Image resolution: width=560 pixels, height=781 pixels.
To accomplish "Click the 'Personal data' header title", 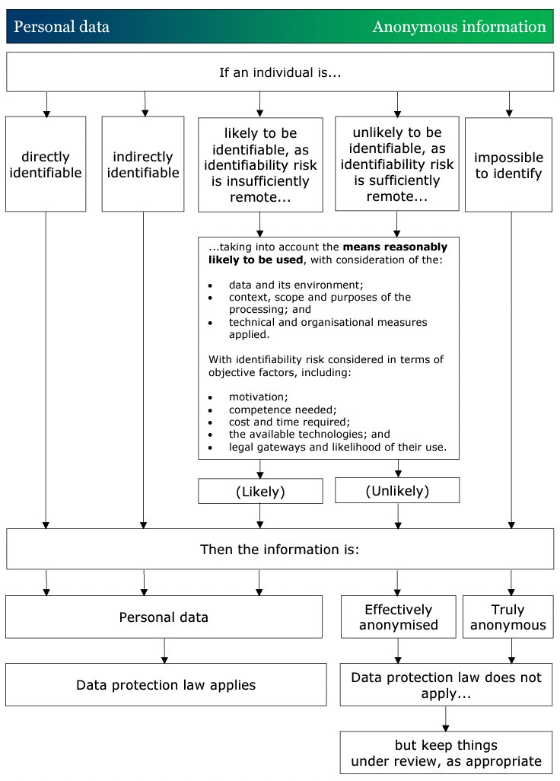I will pos(62,27).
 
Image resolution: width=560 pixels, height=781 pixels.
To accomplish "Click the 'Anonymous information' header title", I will pos(459,27).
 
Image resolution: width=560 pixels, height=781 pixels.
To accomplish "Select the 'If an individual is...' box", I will pos(280,72).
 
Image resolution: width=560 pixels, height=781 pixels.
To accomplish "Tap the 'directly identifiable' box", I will pos(46,164).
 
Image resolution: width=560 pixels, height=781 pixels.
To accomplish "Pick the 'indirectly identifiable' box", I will pos(143,164).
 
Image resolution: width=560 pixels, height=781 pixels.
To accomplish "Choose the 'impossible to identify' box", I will pos(508,165).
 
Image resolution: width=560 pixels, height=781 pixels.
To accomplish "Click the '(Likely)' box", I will pos(260,492).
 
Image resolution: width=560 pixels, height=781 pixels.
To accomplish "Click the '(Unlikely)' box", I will pos(397,491).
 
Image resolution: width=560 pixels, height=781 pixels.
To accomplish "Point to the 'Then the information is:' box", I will pos(280,549).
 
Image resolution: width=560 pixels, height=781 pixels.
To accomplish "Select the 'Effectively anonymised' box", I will pos(398,617).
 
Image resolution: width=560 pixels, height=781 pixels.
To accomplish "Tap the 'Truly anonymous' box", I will pos(508,617).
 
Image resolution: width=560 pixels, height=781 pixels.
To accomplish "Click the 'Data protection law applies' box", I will pos(166,685).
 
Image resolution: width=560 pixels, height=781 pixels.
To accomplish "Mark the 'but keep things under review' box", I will pos(446,754).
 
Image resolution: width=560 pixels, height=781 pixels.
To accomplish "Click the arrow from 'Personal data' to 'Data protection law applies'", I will pos(164,650).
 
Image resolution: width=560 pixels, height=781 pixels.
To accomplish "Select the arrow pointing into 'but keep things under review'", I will pos(446,719).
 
